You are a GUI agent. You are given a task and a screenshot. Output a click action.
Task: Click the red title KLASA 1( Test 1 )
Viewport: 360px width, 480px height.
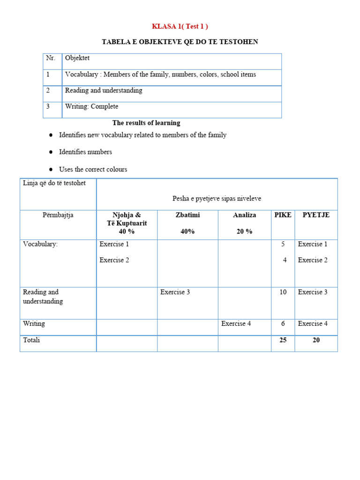coord(180,26)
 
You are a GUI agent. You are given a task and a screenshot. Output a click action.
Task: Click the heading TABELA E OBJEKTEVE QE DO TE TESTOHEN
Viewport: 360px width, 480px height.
coord(180,42)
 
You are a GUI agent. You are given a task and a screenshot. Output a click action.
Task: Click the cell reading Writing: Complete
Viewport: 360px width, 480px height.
coord(91,106)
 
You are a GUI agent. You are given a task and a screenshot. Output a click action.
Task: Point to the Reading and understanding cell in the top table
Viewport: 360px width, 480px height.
coord(104,90)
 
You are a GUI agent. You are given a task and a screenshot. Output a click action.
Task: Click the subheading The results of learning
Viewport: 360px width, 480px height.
coord(146,123)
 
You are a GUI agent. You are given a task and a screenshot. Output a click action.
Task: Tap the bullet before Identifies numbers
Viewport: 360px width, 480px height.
coord(51,152)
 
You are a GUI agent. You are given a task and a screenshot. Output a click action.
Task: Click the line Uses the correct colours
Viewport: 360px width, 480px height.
coord(93,169)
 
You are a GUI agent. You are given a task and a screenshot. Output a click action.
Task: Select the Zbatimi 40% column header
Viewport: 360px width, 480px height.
coord(187,223)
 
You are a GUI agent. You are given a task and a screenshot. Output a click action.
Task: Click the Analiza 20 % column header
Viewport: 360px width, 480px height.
coord(244,223)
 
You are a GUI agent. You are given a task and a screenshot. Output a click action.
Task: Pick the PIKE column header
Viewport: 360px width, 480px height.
coord(283,215)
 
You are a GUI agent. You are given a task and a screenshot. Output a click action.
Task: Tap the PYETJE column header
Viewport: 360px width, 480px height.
coord(316,215)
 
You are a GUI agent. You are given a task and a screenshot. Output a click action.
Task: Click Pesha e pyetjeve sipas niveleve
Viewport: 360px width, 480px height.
coord(217,199)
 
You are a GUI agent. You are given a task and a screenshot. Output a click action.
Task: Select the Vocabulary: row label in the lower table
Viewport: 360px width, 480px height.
coord(40,244)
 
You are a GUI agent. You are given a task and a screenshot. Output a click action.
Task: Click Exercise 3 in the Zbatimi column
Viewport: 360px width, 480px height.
coord(175,292)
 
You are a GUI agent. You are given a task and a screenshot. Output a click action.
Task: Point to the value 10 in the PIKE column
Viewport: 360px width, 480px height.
coord(283,292)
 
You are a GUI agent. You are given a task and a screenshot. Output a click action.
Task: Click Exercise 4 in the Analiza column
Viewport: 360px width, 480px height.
coord(236,323)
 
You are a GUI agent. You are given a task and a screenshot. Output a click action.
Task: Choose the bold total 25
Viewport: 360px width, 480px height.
coord(283,340)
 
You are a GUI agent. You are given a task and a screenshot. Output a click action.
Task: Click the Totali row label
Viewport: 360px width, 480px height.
coord(31,340)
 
